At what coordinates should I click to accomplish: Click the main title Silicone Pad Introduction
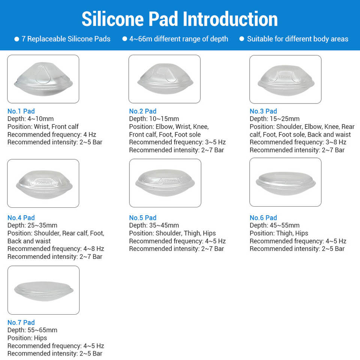coord(180,19)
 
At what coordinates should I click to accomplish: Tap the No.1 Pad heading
coord(21,111)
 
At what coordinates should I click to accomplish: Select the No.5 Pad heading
coord(143,217)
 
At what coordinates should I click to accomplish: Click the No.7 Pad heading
coord(21,322)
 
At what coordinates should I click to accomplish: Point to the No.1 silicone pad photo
coord(43,79)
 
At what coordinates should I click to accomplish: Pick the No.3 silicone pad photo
coord(285,79)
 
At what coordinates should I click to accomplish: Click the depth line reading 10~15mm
coord(154,119)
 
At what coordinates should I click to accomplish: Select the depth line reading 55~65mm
coord(32,330)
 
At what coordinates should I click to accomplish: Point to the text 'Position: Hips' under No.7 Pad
coord(27,338)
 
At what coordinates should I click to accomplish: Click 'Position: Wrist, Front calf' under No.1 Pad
coord(43,126)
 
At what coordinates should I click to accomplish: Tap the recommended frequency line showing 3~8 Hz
coord(298,142)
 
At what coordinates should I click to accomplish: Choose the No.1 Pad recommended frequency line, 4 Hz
coord(52,134)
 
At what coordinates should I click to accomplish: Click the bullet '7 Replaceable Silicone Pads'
coord(63,39)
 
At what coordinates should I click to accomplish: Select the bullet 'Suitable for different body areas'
coord(294,39)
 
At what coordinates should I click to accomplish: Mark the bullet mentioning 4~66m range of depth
coord(175,39)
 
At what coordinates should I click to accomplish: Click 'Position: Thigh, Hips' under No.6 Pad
coord(279,233)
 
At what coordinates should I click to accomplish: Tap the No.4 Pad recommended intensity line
coord(55,256)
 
